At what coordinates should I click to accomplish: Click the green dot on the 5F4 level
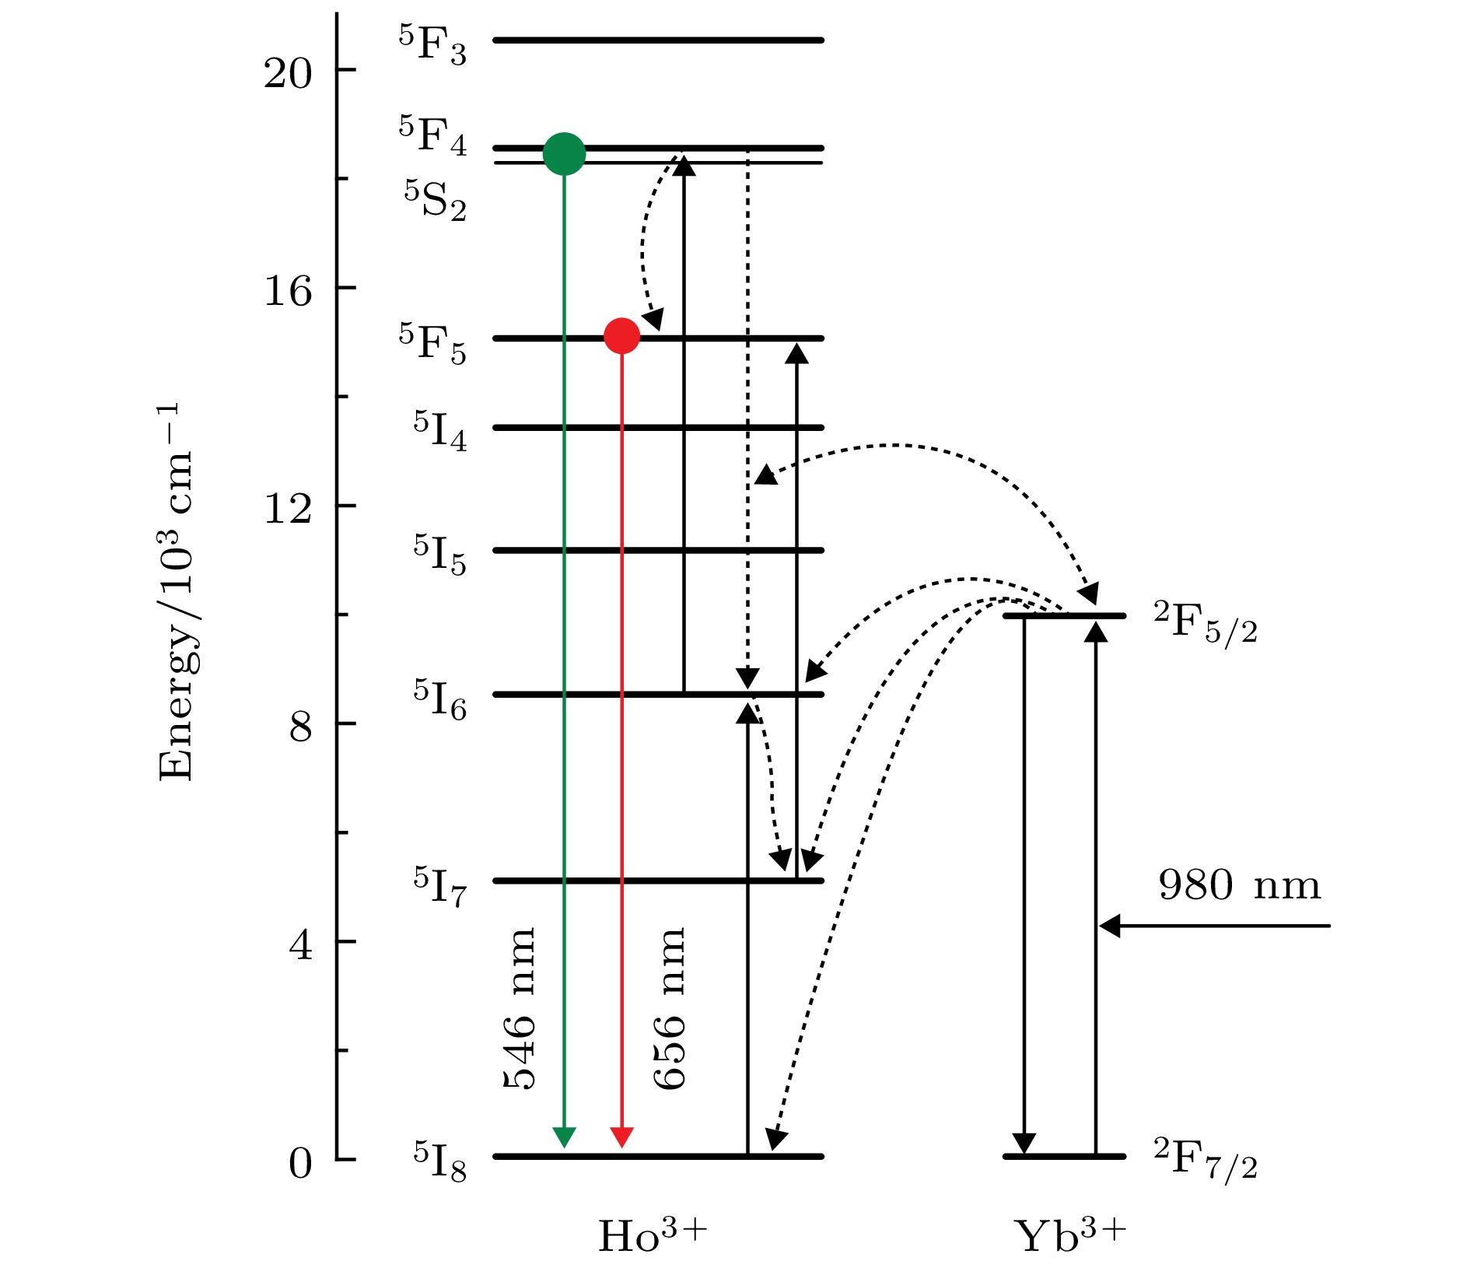[x=564, y=154]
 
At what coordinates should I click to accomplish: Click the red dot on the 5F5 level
[x=621, y=336]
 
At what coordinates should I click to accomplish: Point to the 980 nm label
[x=1239, y=886]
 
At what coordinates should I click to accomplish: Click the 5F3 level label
[x=432, y=45]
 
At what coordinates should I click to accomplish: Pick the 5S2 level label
[x=435, y=200]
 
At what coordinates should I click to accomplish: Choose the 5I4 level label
[x=439, y=431]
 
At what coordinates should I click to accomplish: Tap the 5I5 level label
[x=439, y=555]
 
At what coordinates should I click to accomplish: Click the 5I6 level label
[x=439, y=699]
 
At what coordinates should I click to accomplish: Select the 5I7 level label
[x=439, y=886]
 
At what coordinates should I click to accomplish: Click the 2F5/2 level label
[x=1205, y=622]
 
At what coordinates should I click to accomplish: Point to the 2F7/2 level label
[x=1205, y=1159]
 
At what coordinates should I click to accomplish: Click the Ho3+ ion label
[x=652, y=1235]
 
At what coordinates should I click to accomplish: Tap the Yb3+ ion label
[x=1069, y=1235]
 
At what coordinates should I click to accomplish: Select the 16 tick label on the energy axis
[x=287, y=292]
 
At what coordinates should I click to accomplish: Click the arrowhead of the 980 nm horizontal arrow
[x=1109, y=926]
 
